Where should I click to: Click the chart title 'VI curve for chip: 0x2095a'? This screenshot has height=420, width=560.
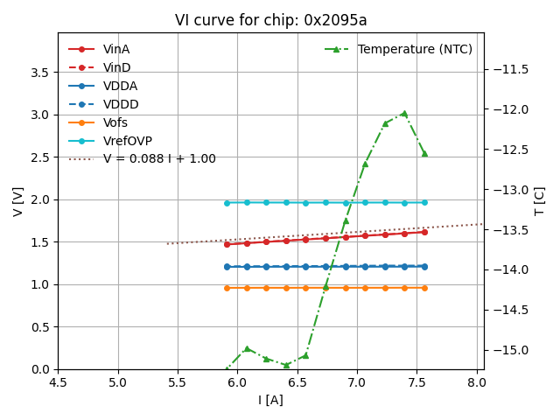pos(270,20)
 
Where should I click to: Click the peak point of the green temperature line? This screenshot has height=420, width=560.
pos(404,114)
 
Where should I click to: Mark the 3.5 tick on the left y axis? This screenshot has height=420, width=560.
pos(41,73)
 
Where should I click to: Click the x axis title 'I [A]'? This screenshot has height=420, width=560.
pos(270,400)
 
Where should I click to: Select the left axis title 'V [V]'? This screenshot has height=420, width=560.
pos(18,201)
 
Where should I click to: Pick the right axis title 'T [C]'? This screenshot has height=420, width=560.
pos(540,201)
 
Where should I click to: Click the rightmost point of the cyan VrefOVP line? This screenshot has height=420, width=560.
pos(424,202)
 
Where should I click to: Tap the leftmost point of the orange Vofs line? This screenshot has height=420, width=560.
pos(227,288)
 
